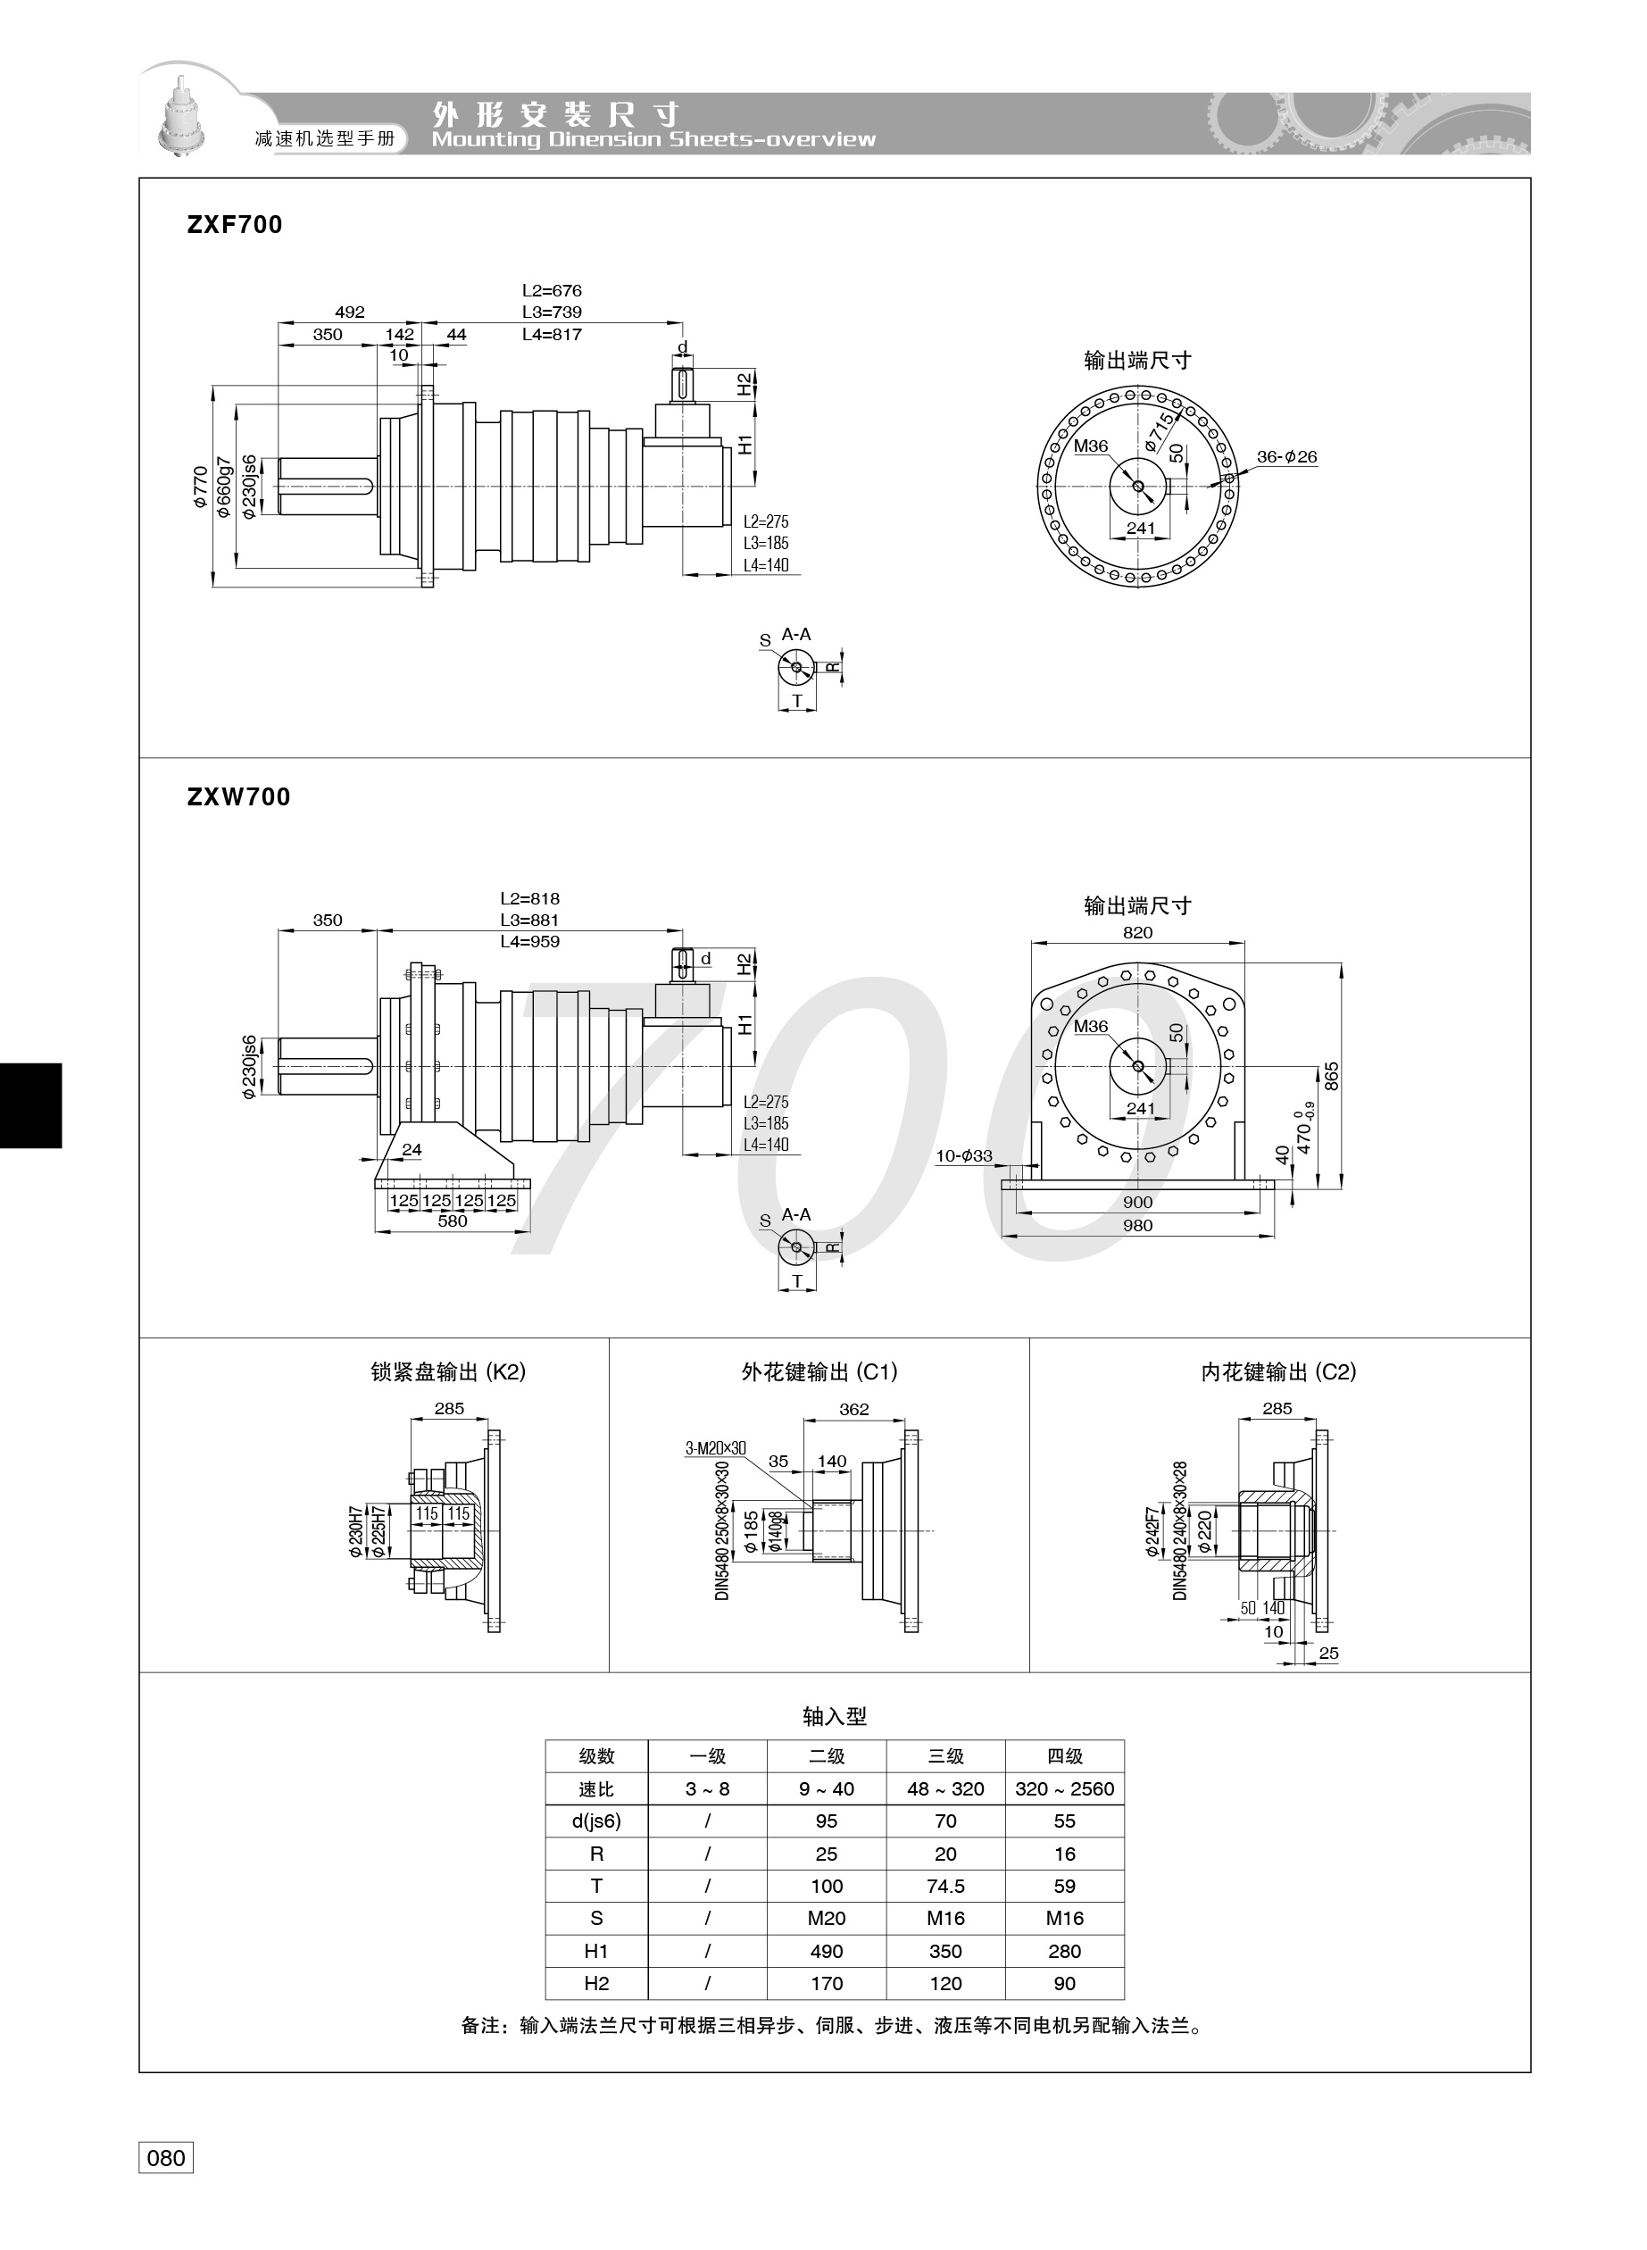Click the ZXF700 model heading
pos(234,224)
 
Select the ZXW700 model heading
pos(238,796)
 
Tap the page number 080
pos(165,2158)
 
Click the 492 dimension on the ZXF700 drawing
pos(350,312)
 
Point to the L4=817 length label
pos(552,334)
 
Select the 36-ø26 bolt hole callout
pos(1286,456)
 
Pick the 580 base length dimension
pos(452,1221)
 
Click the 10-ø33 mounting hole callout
pos(964,1155)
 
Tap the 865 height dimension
pos(1331,1077)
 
